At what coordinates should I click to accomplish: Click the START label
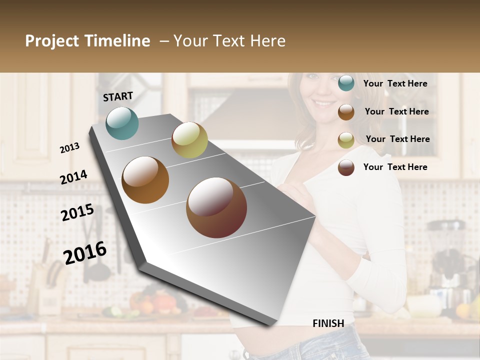tap(118, 96)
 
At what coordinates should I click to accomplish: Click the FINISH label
tap(328, 323)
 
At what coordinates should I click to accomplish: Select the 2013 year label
tap(70, 147)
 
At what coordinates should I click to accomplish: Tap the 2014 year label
tap(74, 177)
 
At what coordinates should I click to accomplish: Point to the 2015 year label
tap(77, 212)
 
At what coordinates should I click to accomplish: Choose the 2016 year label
tap(85, 252)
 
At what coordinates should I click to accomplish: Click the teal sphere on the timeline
tap(122, 123)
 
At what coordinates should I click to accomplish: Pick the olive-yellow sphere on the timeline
tap(189, 140)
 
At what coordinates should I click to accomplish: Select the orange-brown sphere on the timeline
tap(145, 180)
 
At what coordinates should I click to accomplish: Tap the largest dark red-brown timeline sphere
tap(216, 207)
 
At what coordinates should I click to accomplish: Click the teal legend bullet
tap(346, 83)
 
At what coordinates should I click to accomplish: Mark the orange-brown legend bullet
tap(346, 112)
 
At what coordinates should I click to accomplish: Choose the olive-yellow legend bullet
tap(346, 140)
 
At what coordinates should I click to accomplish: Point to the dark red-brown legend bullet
tap(346, 167)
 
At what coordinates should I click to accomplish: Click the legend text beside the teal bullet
tap(395, 83)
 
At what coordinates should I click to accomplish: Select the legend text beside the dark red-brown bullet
tap(395, 167)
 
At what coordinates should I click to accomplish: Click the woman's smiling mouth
tap(319, 104)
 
